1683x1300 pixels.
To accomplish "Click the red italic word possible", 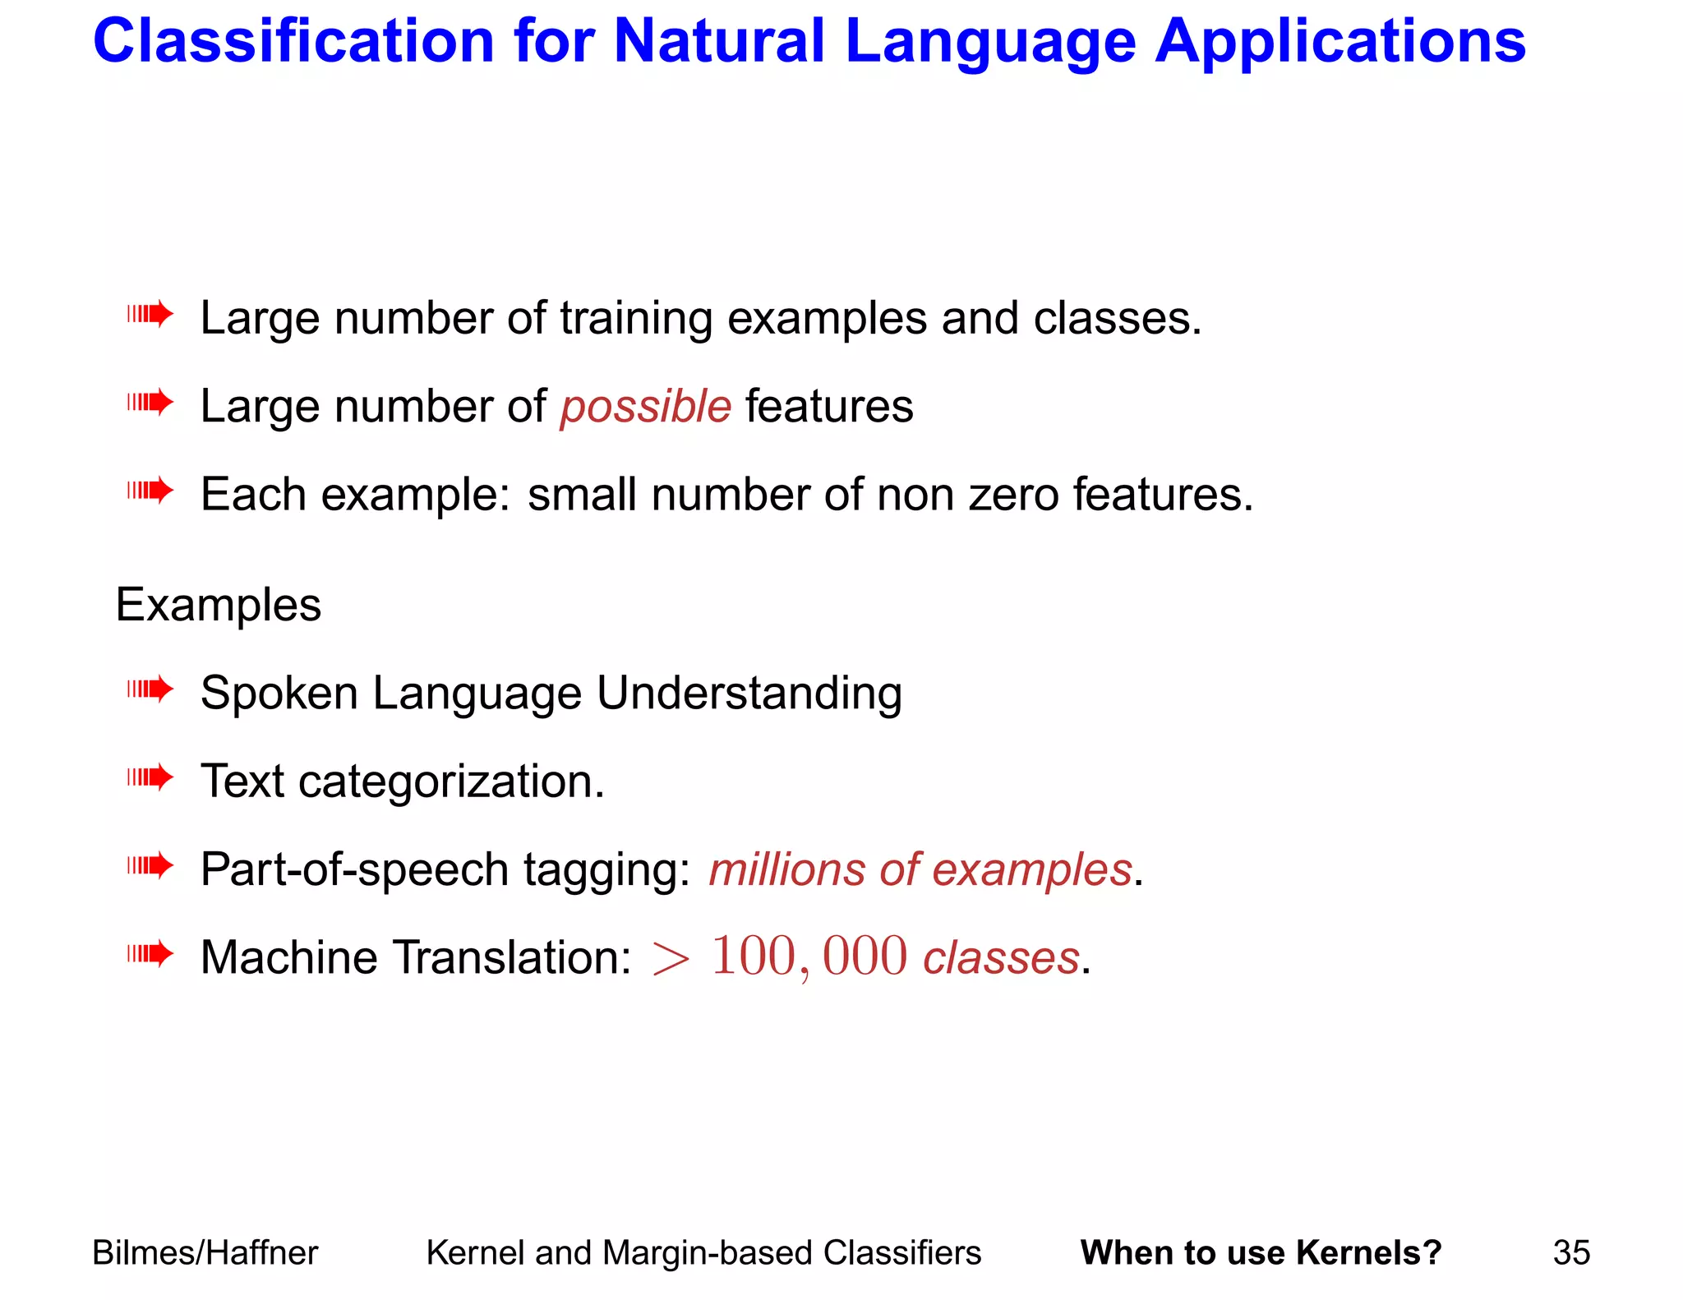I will click(646, 408).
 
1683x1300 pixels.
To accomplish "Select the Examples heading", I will click(219, 606).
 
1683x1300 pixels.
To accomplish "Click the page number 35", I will click(1571, 1253).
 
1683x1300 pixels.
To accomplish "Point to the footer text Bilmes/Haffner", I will click(205, 1253).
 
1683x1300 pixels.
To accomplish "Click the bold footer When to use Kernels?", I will click(1261, 1253).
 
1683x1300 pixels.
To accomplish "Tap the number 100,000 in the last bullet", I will click(809, 957).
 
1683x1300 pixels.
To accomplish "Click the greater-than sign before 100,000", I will click(671, 959).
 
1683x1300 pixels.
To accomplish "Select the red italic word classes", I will click(1001, 959).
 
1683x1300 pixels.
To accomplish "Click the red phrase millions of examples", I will click(920, 870).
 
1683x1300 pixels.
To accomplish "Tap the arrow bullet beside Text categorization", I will click(150, 777).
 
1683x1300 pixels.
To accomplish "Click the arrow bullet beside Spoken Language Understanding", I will click(150, 689).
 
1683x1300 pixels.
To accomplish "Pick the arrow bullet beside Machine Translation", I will click(150, 954).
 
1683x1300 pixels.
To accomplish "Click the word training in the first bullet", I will click(636, 319).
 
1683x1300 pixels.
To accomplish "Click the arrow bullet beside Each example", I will click(150, 491).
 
